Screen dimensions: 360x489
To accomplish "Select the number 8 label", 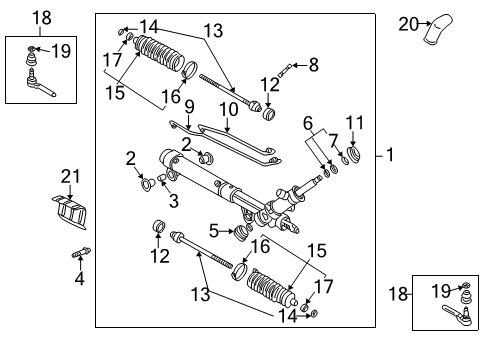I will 313,65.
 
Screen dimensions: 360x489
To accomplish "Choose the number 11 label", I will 351,123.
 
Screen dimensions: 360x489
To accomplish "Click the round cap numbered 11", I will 352,156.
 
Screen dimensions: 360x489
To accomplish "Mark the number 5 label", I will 213,231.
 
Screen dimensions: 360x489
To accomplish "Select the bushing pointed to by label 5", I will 239,232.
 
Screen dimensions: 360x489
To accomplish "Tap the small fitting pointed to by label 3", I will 163,180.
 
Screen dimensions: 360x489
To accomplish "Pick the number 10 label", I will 229,107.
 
